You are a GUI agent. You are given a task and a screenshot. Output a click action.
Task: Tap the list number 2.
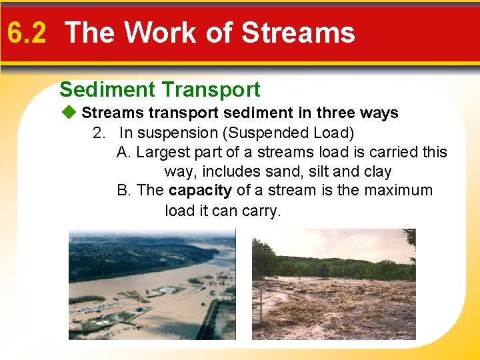coord(99,133)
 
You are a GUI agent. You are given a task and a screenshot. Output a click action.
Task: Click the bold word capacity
coord(200,191)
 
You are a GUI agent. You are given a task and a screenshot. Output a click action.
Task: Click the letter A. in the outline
coord(124,152)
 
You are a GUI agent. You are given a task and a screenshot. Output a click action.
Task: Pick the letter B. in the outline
coord(124,191)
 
